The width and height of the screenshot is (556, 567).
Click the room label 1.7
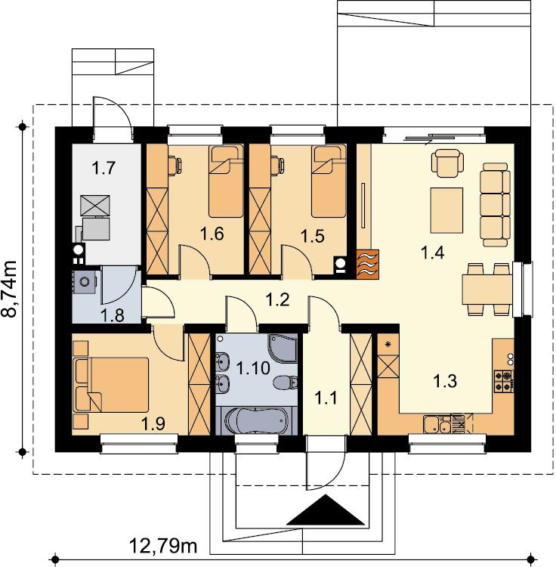click(x=103, y=168)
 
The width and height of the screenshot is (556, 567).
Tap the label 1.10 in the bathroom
click(x=253, y=368)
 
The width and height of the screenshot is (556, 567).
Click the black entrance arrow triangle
click(x=326, y=510)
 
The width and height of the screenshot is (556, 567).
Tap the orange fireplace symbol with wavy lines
click(x=367, y=265)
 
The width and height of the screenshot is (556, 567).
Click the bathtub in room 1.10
click(x=256, y=421)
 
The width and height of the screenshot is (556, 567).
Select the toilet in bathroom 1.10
click(x=286, y=383)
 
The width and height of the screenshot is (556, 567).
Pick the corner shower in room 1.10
click(x=283, y=348)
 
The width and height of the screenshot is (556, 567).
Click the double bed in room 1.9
click(x=111, y=385)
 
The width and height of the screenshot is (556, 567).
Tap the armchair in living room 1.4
click(x=448, y=163)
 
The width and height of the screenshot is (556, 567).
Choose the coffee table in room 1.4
click(x=446, y=210)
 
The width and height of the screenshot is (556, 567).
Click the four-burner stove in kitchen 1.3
click(x=504, y=381)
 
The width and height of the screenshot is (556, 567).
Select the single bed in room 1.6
click(x=226, y=181)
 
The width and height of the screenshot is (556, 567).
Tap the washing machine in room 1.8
click(x=84, y=282)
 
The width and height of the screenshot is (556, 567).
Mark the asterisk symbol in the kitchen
click(x=388, y=344)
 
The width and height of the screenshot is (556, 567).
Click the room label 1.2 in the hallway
click(x=277, y=300)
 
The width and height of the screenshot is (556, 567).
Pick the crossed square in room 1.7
click(x=95, y=206)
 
